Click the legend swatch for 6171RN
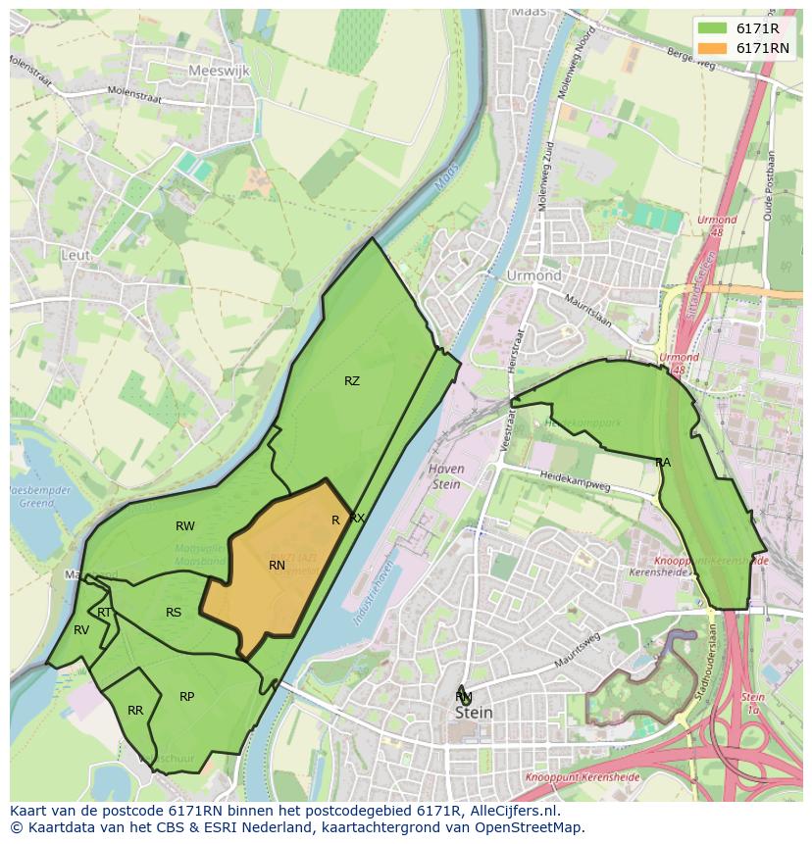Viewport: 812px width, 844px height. click(x=713, y=48)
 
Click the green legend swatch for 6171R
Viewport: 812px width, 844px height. click(x=713, y=28)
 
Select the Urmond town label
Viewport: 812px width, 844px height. click(x=533, y=275)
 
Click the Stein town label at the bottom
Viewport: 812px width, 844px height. click(x=473, y=713)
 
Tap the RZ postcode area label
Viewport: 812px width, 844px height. click(x=352, y=381)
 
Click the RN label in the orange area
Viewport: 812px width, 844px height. click(x=277, y=566)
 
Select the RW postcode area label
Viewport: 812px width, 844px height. click(x=184, y=526)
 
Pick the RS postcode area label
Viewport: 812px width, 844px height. click(x=174, y=613)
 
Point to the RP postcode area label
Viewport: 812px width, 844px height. click(x=186, y=697)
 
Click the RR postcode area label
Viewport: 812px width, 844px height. click(x=135, y=711)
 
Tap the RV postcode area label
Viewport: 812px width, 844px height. click(x=81, y=630)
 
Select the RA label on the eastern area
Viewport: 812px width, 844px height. click(x=663, y=462)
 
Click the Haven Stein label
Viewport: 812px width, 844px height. click(x=446, y=475)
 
